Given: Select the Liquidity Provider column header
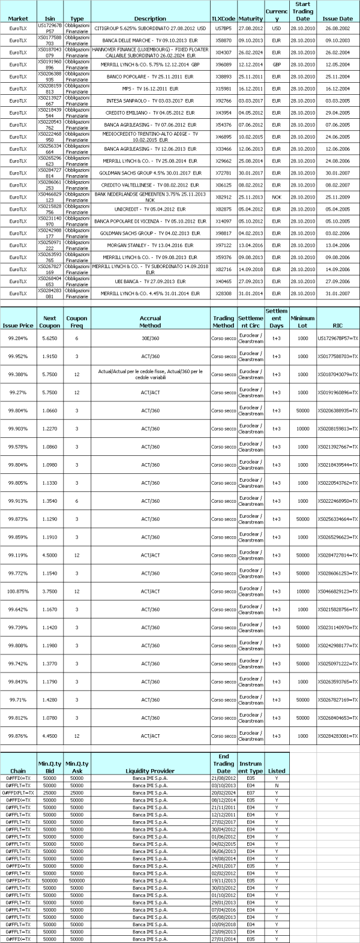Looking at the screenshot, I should pos(150,771).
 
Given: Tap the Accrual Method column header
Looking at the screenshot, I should pos(150,322).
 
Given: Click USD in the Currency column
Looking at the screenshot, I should pos(276,28).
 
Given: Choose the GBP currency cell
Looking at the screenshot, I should pos(276,64).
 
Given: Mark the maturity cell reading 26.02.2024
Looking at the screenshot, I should pos(250,52).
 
